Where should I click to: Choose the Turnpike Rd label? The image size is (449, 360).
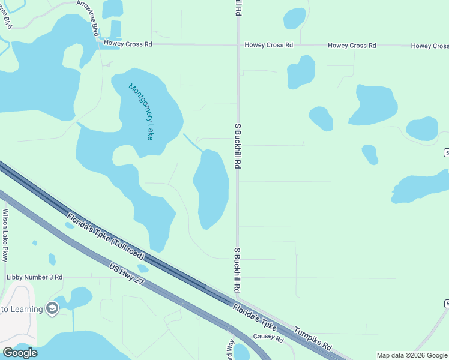(312, 340)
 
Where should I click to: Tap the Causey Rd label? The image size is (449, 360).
(268, 338)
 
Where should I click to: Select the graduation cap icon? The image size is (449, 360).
(52, 308)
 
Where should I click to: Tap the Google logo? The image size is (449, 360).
(19, 353)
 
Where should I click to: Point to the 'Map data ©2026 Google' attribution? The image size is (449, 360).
(412, 355)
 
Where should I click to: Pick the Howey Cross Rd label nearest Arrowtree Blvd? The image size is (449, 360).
(128, 44)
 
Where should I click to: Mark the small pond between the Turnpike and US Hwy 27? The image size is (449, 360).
(143, 268)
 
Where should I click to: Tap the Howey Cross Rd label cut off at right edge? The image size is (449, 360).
(429, 46)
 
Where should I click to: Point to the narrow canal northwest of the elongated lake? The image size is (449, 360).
(192, 142)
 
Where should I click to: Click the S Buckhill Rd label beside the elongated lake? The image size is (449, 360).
(238, 146)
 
